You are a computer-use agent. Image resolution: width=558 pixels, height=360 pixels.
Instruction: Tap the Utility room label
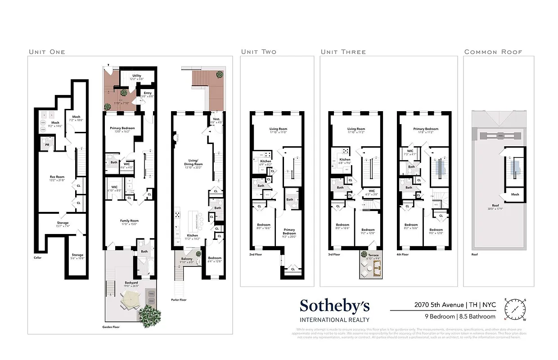tap(136, 76)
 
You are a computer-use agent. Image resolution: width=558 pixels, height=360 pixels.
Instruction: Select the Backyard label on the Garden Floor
tap(130, 283)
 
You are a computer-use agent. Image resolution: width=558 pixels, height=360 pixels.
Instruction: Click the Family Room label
tap(129, 221)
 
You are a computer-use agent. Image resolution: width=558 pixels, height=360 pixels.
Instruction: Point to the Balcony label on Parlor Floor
tap(186, 259)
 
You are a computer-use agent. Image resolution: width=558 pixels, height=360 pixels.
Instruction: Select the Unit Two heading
tap(259, 52)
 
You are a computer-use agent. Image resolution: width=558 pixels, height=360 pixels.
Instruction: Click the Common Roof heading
tap(493, 52)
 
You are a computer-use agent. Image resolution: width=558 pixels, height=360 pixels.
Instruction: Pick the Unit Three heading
tap(343, 52)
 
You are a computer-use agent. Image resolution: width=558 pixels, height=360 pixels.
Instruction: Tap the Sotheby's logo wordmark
tap(335, 306)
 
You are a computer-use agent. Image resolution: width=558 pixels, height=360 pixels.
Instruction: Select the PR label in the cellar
tap(47, 145)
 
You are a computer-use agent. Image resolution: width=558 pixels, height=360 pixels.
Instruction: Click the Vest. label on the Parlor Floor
tap(216, 120)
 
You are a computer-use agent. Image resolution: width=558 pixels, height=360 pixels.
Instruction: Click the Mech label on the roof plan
tap(515, 194)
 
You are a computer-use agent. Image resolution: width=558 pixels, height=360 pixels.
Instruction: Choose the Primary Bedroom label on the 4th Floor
tap(425, 129)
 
